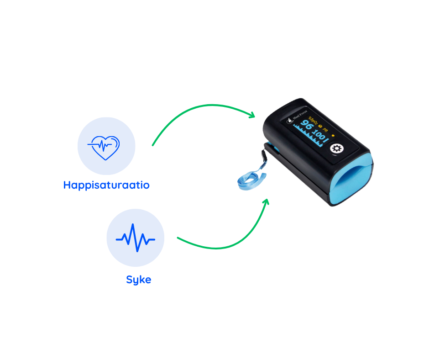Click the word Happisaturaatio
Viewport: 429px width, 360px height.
106,185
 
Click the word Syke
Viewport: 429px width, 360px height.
138,280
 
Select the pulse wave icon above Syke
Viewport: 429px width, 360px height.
136,238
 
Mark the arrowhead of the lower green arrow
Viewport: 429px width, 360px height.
266,201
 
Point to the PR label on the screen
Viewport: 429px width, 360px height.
325,130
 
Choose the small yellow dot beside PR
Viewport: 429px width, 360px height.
333,135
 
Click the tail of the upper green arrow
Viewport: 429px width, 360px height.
152,145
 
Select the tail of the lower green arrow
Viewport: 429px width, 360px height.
178,238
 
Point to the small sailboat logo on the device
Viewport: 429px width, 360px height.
288,120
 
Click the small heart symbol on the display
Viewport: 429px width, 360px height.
320,126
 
